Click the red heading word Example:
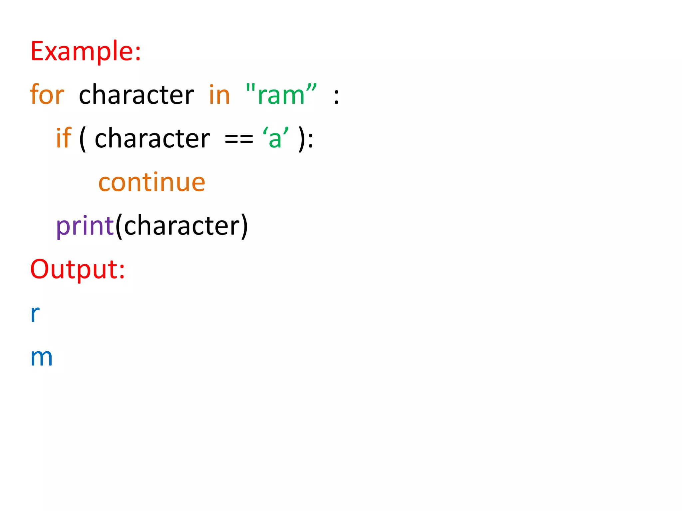tap(86, 52)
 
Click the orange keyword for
tap(47, 95)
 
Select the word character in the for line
tap(136, 95)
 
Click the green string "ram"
tap(281, 95)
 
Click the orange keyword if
tap(64, 138)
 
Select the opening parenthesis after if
tap(83, 139)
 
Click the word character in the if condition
tap(152, 138)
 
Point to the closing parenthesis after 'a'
tap(302, 139)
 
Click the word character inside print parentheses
tap(181, 226)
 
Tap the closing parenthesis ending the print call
tap(244, 226)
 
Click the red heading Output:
tap(78, 269)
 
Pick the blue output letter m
tap(41, 358)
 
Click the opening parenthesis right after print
tap(119, 226)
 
